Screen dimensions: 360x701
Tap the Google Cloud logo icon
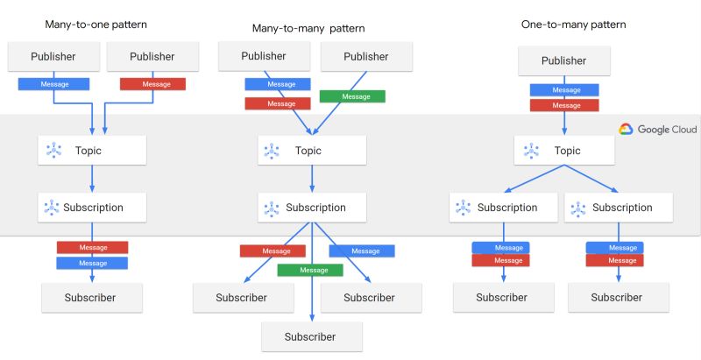click(x=626, y=129)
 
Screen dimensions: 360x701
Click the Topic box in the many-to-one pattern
click(x=92, y=151)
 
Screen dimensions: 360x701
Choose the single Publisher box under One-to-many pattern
click(x=563, y=61)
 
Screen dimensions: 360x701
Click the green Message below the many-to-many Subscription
click(x=314, y=270)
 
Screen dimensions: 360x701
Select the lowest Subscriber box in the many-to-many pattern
click(x=310, y=336)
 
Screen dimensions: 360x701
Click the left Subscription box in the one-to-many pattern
click(x=502, y=208)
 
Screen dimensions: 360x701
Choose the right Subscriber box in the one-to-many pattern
click(x=617, y=298)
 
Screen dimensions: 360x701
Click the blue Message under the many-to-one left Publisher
click(x=54, y=84)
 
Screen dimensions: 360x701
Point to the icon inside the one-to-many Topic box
click(x=531, y=151)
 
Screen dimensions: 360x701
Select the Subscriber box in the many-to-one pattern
click(x=90, y=298)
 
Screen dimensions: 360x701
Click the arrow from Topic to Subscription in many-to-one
click(x=92, y=179)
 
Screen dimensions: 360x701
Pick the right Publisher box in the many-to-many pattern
click(x=366, y=57)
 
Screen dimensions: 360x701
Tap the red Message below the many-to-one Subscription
click(x=93, y=247)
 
